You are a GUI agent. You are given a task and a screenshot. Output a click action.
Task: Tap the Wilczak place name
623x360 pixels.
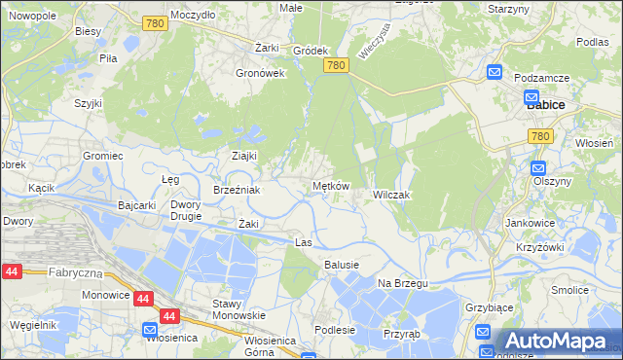point(393,196)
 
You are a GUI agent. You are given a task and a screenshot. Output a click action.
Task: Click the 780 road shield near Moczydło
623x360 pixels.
point(154,23)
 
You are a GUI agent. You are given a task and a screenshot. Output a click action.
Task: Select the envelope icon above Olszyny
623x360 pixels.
point(539,167)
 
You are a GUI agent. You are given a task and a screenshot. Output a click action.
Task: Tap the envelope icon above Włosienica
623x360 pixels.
point(149,329)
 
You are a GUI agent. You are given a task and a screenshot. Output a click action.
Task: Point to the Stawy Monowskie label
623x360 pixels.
point(239,309)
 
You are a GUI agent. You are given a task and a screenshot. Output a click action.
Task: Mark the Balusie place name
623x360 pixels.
point(342,265)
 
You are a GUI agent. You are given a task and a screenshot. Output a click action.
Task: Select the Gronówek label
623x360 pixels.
point(260,72)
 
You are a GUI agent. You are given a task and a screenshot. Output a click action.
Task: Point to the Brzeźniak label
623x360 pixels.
point(237,190)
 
